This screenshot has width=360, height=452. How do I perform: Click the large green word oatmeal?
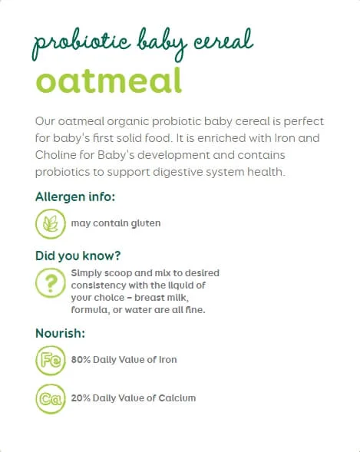pyautogui.click(x=108, y=80)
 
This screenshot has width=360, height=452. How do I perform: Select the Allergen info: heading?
pyautogui.click(x=75, y=197)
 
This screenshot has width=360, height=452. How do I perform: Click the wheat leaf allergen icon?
pyautogui.click(x=50, y=224)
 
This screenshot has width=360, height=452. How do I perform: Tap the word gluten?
pyautogui.click(x=146, y=224)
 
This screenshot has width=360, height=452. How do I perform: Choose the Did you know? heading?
pyautogui.click(x=78, y=256)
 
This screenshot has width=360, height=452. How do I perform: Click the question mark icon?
pyautogui.click(x=50, y=282)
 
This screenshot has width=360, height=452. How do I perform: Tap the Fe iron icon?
pyautogui.click(x=50, y=359)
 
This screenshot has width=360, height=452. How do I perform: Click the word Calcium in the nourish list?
pyautogui.click(x=179, y=398)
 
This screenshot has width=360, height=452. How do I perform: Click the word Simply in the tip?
pyautogui.click(x=87, y=272)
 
